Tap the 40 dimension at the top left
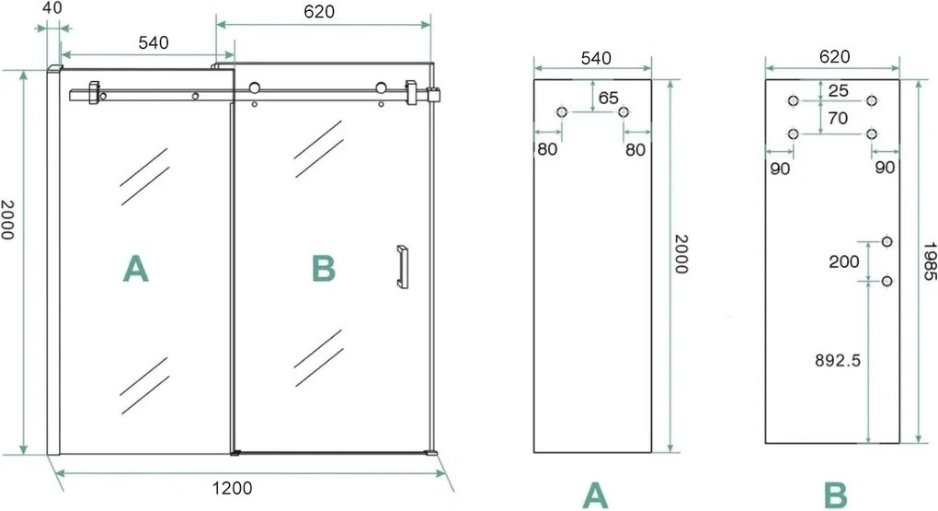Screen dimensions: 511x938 coord(51,8)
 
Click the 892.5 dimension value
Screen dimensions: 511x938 coord(836,361)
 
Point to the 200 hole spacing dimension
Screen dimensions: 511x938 coord(843,261)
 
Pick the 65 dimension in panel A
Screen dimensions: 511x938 coord(608,97)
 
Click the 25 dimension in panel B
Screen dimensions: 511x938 coord(837,89)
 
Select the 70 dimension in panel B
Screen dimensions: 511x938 coord(837,118)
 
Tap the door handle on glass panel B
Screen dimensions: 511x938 coord(402,267)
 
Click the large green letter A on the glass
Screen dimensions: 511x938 coord(135,268)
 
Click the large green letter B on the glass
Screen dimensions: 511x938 coord(323,268)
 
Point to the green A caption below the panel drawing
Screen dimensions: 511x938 coord(595,495)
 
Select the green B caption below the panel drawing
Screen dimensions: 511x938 coord(834,495)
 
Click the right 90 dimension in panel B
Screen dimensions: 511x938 coord(886,168)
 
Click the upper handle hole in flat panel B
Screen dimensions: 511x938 coord(887,242)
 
